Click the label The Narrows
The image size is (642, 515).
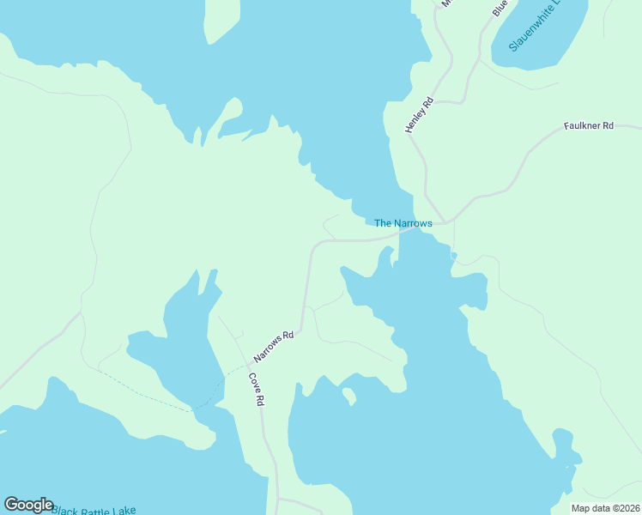click(403, 223)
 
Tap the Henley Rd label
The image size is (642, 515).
click(421, 114)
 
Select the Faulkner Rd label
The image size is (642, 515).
click(589, 126)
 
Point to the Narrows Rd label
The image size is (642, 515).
click(275, 346)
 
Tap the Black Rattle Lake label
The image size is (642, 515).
click(94, 511)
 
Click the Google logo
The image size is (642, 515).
click(28, 505)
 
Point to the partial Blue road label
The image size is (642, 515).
click(500, 8)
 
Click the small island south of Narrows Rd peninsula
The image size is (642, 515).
click(348, 396)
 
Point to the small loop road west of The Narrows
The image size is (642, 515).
click(329, 226)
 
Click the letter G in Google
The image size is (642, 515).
click(11, 505)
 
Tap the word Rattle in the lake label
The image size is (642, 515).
click(96, 511)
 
